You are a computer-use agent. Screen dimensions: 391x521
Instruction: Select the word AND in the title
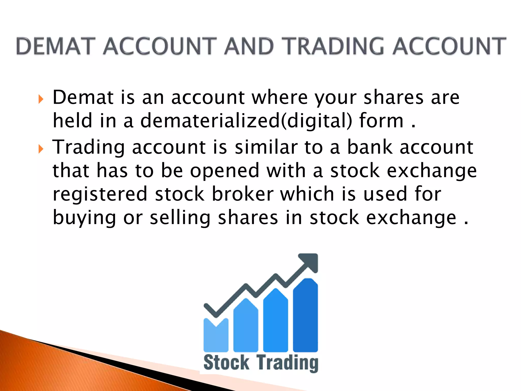pyautogui.click(x=249, y=46)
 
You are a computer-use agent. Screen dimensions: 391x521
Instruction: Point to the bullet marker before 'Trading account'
pyautogui.click(x=41, y=149)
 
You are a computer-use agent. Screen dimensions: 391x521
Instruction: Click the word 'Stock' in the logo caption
pyautogui.click(x=226, y=362)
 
